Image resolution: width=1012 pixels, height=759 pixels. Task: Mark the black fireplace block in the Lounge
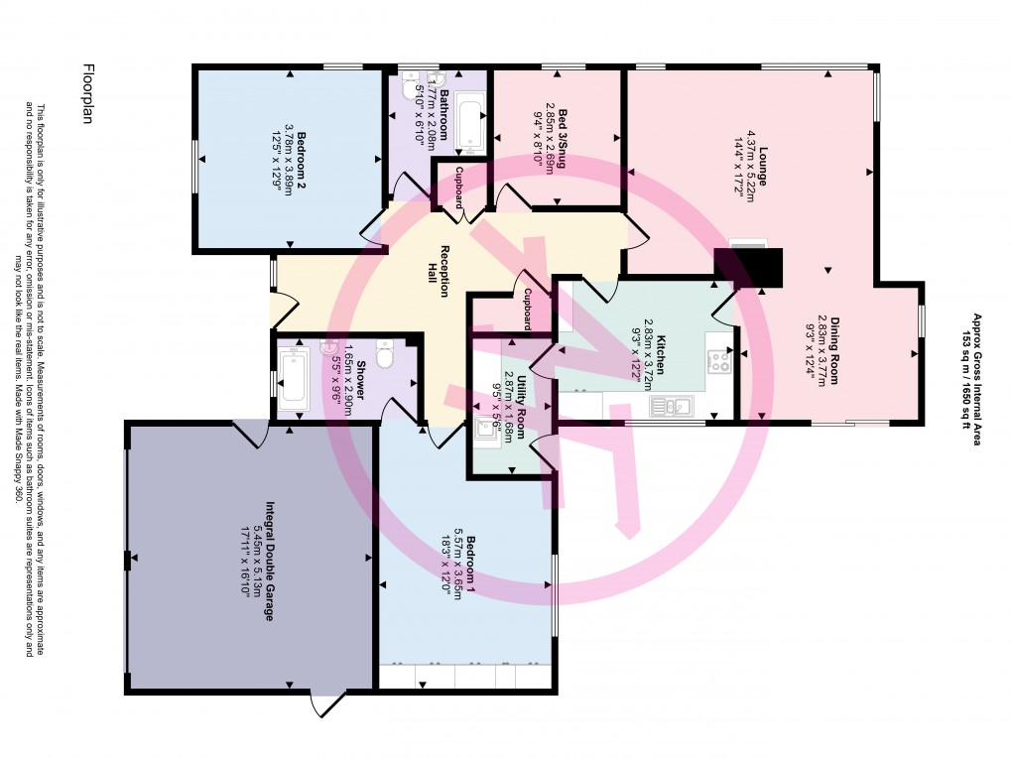pos(749,266)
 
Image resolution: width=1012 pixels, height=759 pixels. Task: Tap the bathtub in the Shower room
pos(295,376)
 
